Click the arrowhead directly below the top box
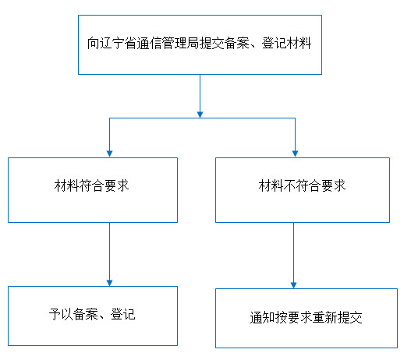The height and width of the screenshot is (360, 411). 200,115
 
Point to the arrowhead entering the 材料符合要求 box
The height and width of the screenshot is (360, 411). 109,154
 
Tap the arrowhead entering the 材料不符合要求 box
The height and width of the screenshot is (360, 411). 295,154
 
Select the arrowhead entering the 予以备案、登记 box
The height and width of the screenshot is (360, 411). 109,283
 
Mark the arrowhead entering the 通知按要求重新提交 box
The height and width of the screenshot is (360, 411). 293,285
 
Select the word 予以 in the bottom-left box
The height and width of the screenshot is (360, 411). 61,314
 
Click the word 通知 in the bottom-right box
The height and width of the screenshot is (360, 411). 262,318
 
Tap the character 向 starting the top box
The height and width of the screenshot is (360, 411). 94,43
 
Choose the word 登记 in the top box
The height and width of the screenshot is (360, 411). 275,43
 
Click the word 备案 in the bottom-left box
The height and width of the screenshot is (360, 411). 86,314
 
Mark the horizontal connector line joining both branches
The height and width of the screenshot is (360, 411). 202,118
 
